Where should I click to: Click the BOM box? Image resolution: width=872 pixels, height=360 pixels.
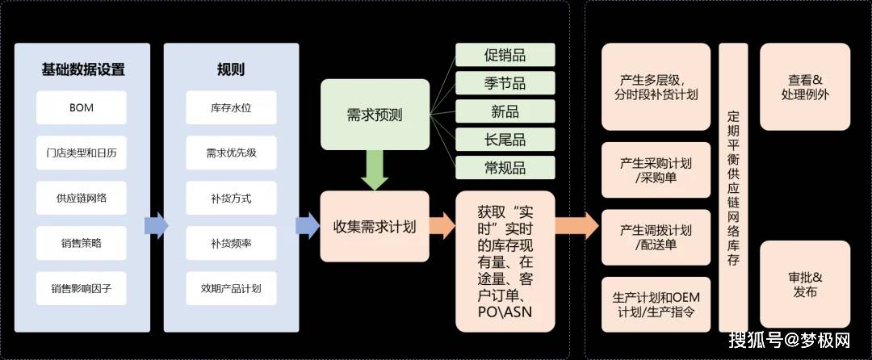(82, 108)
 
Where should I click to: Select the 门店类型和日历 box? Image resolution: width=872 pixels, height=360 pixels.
(82, 153)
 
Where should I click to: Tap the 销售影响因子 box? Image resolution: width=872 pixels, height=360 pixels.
(82, 288)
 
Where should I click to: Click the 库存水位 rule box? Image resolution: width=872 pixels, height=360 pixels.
(232, 108)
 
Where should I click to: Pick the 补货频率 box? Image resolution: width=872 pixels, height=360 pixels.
(232, 243)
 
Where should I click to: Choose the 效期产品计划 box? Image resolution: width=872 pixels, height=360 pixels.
(232, 288)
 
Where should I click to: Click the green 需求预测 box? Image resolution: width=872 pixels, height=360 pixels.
(375, 115)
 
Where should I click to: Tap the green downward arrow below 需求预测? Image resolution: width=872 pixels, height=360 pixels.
(375, 170)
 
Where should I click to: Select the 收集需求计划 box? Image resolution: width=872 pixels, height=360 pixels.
(375, 227)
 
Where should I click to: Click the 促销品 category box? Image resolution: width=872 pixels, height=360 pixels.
(505, 55)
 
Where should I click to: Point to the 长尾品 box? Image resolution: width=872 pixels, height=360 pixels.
(505, 140)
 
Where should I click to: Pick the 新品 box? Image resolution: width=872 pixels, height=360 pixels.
(505, 111)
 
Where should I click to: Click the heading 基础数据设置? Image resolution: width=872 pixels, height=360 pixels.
(83, 69)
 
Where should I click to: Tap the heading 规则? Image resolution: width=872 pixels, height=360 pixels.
(231, 69)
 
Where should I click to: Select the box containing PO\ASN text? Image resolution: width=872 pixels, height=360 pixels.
(505, 262)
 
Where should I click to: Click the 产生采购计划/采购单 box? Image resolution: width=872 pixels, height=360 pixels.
(656, 170)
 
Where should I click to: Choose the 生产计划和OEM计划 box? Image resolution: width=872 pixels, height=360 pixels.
(656, 304)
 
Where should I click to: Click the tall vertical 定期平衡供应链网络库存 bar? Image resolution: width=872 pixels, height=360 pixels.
(733, 188)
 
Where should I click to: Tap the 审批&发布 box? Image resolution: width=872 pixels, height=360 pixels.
(805, 284)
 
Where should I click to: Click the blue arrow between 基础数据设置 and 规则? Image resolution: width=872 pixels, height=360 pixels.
(157, 225)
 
